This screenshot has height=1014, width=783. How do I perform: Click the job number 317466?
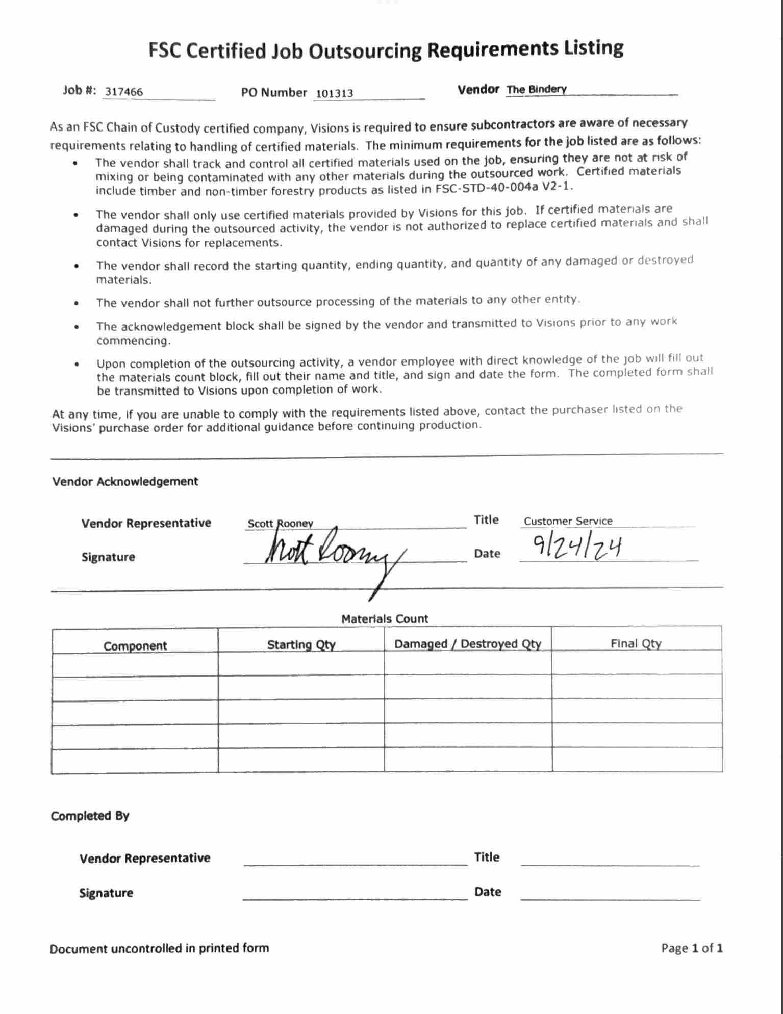pos(124,92)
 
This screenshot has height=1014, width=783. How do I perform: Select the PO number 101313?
pos(335,93)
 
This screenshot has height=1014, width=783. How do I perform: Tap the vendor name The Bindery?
pos(537,90)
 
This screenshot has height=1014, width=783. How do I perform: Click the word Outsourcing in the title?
pos(366,50)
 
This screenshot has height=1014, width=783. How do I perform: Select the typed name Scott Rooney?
pos(280,524)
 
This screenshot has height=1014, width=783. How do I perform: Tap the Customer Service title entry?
pos(568,521)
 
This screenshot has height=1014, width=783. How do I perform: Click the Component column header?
pos(135,646)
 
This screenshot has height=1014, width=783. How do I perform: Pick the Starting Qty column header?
pos(301,645)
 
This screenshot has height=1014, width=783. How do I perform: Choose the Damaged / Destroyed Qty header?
pos(468,644)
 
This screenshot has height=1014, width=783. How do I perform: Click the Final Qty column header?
pos(636,643)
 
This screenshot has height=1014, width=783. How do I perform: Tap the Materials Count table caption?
pos(385,619)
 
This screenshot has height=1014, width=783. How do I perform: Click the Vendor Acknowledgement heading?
pos(125,482)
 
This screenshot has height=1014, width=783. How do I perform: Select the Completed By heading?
pos(90,816)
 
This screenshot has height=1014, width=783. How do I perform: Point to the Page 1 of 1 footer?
pos(692,948)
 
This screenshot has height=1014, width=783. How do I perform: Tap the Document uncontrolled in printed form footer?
pos(159,948)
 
